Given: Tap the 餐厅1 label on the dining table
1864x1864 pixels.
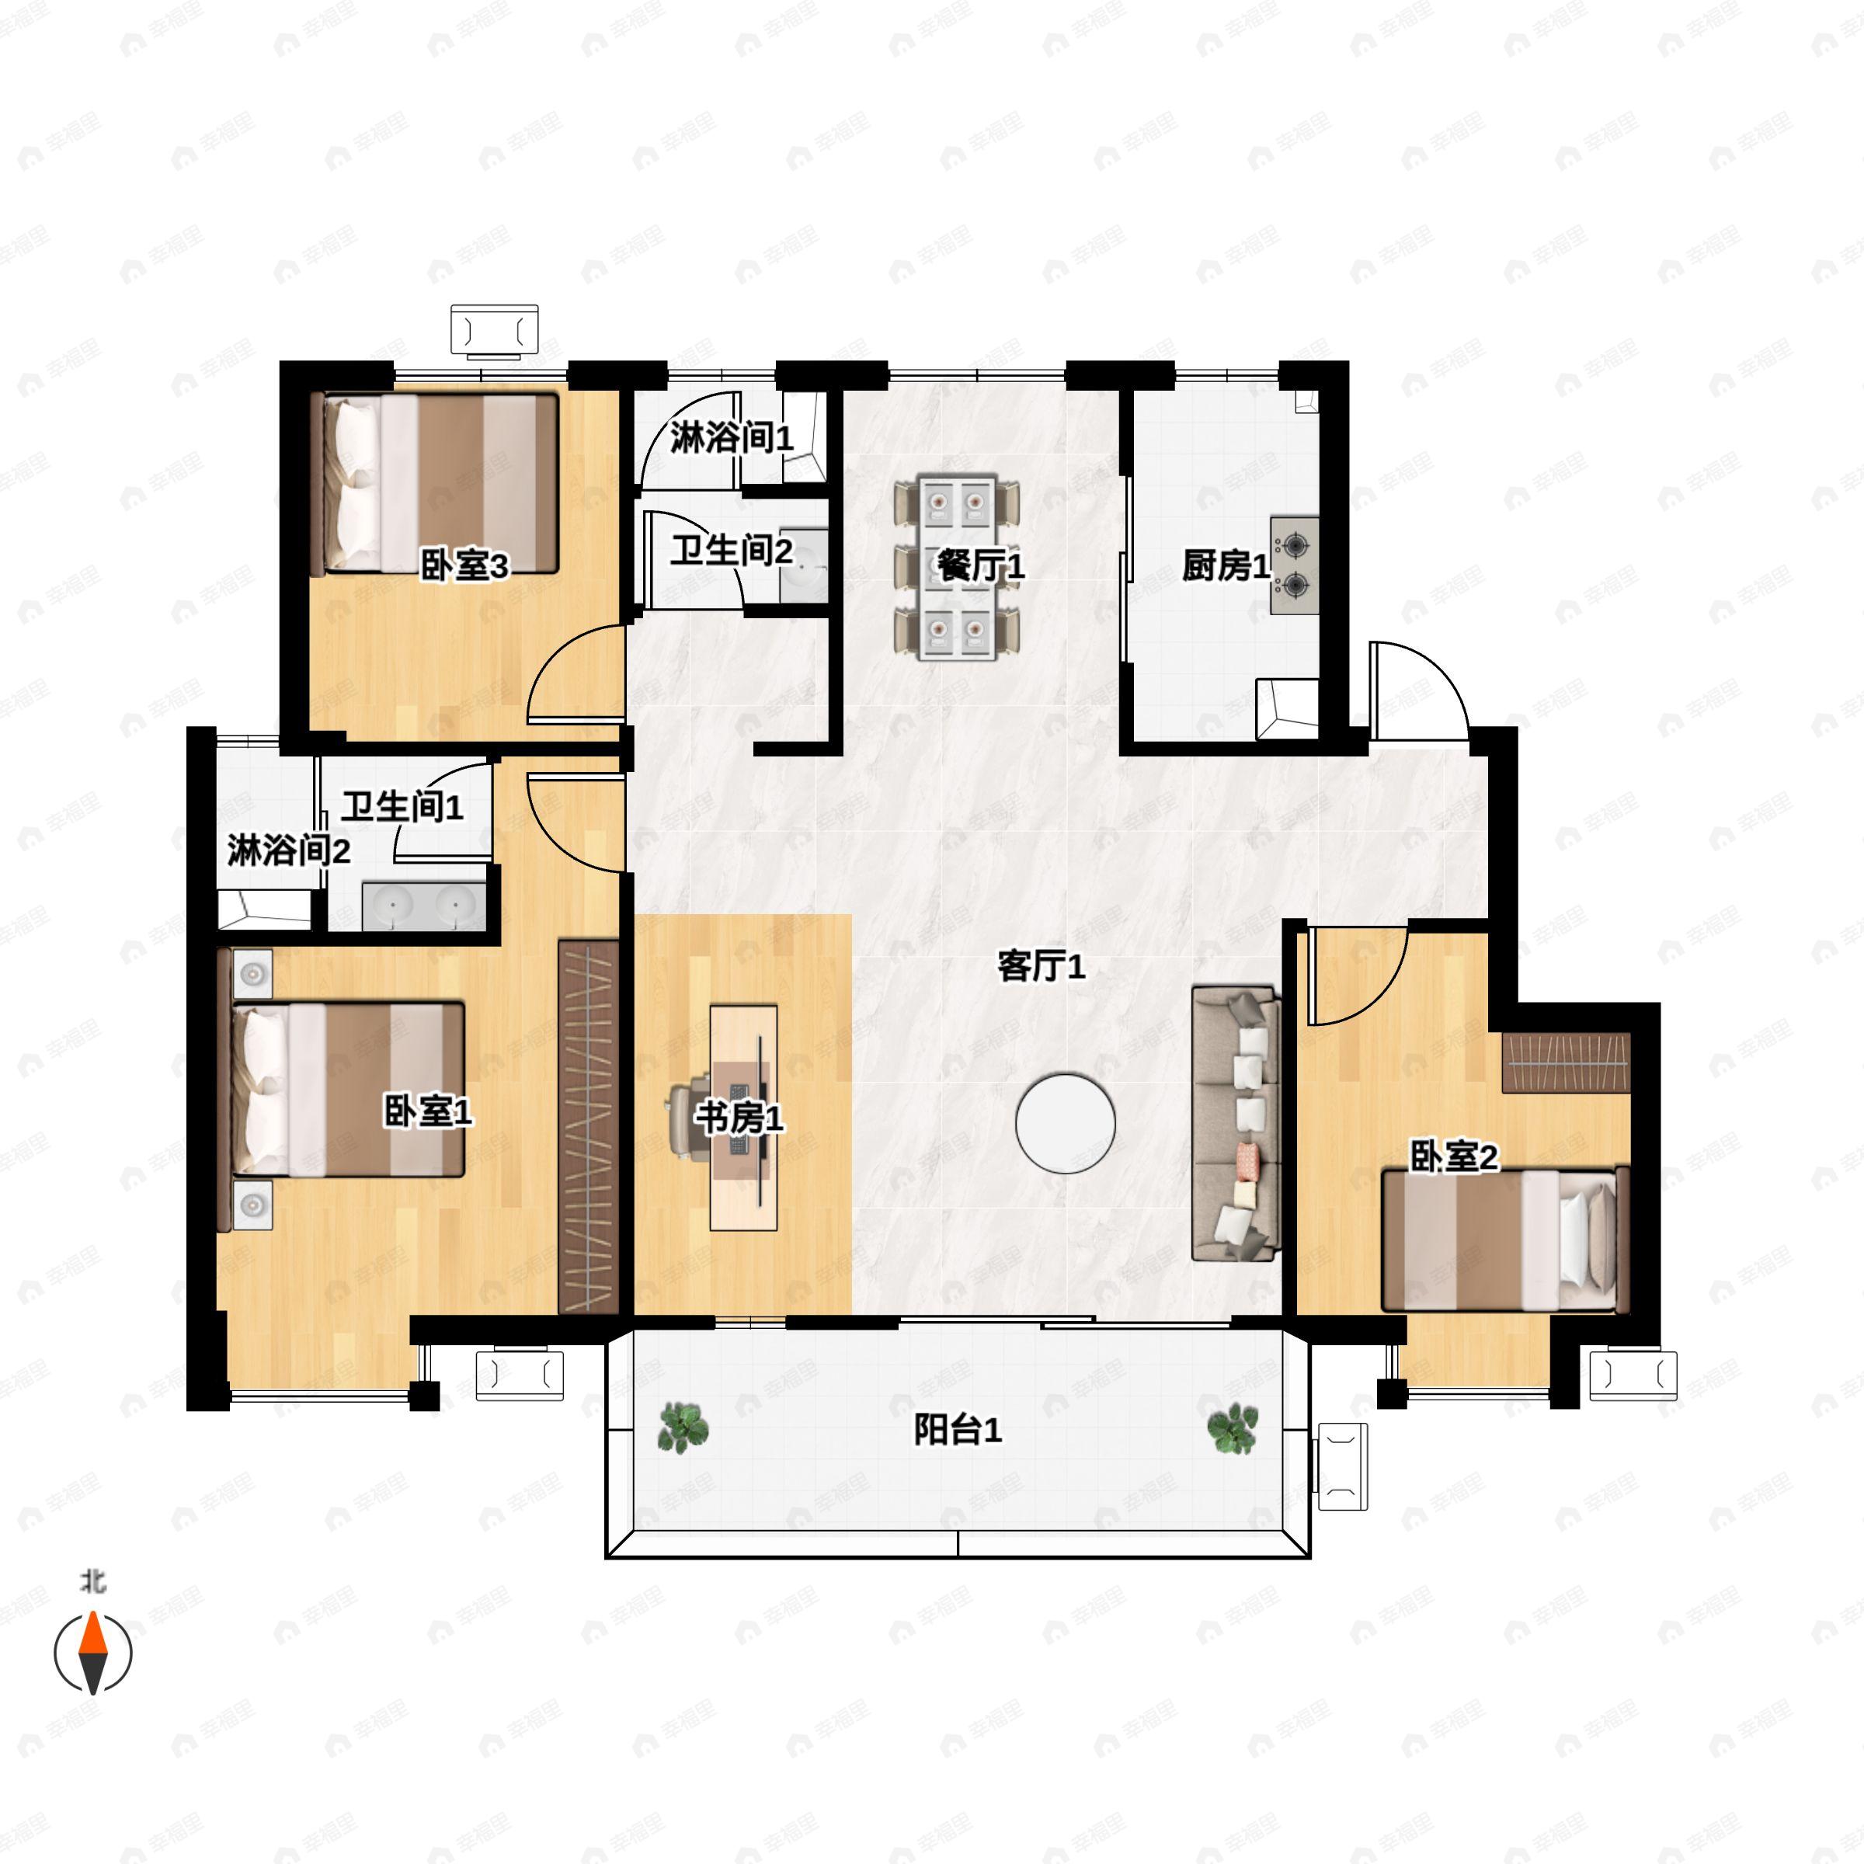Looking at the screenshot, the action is click(980, 566).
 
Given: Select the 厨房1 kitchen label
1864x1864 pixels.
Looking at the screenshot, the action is click(1226, 566).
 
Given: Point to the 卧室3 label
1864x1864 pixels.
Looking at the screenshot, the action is click(465, 566).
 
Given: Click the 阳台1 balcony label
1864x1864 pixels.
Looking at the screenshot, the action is click(958, 1430).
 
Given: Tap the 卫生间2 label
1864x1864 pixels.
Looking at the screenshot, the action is click(732, 551).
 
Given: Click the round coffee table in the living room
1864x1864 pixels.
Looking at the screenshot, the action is click(1065, 1123).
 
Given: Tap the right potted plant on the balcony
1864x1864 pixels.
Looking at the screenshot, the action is click(1233, 1428).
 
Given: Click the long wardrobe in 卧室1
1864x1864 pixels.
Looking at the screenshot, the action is click(589, 1127).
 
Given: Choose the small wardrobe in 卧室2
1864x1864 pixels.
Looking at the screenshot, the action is click(1566, 1062).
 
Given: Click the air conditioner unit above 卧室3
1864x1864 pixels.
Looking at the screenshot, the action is click(495, 332).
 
